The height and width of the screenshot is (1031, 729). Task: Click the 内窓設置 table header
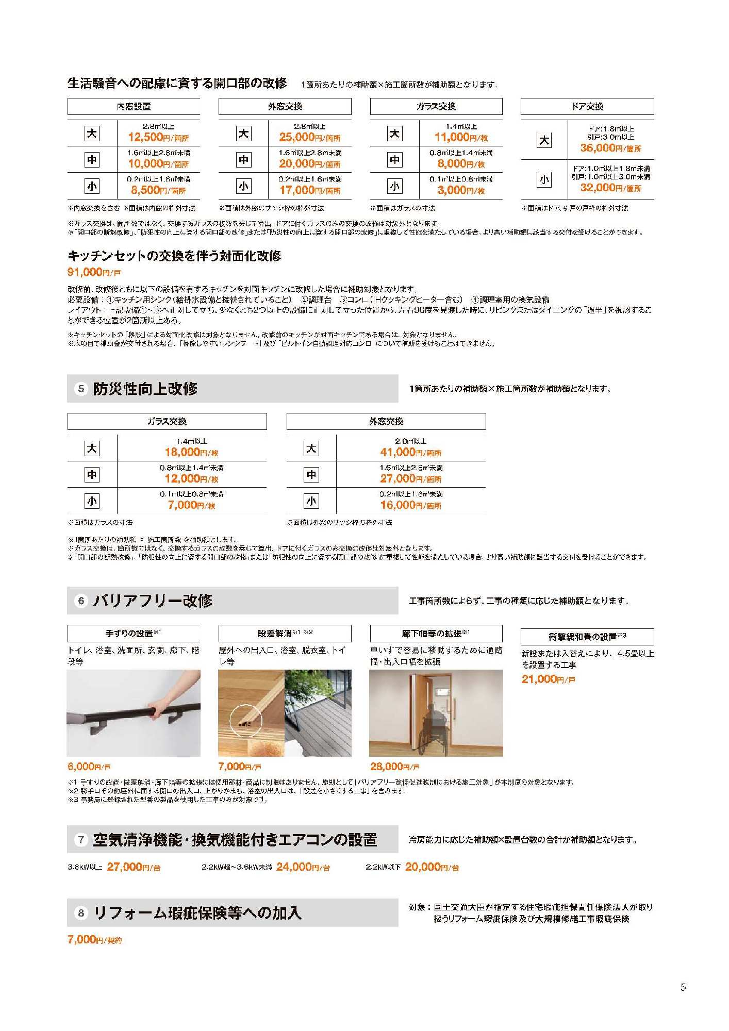coord(134,107)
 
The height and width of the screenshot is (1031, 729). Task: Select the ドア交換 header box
coord(587,107)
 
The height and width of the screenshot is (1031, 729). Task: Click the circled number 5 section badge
coord(81,389)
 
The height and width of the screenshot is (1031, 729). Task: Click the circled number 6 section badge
coord(81,601)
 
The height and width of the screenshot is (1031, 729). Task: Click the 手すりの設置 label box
coord(134,634)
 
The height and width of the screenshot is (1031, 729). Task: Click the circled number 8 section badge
coord(81,913)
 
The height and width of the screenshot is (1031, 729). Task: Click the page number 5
coord(683,987)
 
